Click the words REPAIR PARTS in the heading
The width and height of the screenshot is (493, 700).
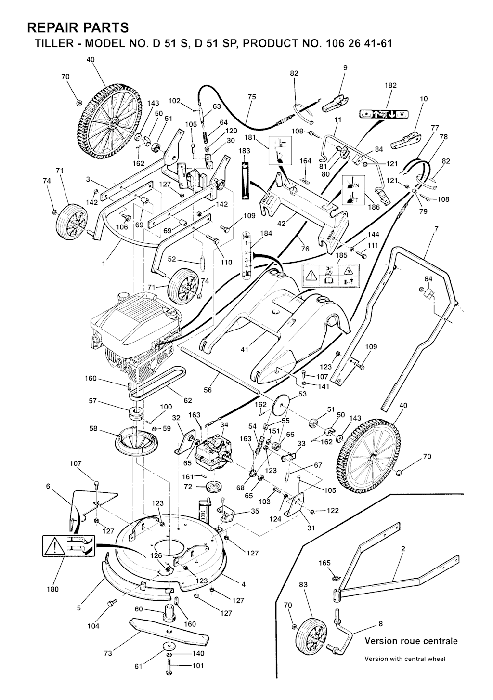click(78, 26)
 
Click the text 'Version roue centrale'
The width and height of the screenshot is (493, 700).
click(411, 641)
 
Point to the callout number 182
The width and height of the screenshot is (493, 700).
click(390, 85)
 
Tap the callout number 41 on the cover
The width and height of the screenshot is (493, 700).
click(245, 350)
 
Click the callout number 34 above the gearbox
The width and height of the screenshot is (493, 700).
click(224, 424)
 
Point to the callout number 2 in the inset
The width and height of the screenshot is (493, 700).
click(402, 548)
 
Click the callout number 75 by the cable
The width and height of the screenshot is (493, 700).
click(252, 97)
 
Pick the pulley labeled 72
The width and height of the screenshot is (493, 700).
click(212, 487)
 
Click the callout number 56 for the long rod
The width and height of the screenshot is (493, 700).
click(208, 390)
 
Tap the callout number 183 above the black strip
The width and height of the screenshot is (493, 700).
click(245, 151)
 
